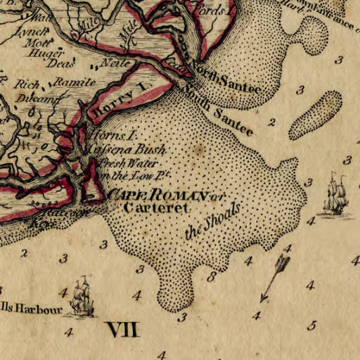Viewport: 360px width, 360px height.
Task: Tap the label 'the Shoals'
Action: click(212, 222)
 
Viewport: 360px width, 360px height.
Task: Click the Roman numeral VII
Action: click(122, 328)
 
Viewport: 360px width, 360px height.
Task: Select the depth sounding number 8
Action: click(211, 277)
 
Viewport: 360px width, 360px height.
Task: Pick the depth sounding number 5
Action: click(313, 326)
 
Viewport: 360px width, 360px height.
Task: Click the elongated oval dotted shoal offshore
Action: click(316, 115)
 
